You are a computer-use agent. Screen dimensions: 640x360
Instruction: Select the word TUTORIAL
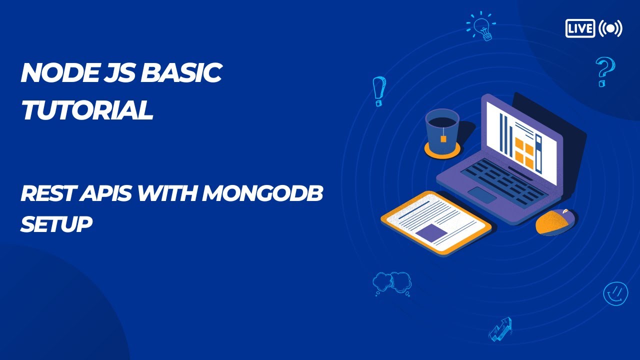(x=87, y=109)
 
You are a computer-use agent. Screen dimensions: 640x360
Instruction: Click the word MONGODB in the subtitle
(x=263, y=193)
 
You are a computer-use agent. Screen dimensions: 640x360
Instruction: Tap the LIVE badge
(x=580, y=28)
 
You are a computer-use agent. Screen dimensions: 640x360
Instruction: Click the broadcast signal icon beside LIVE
(x=610, y=28)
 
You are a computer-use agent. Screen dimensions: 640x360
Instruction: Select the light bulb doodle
(x=481, y=26)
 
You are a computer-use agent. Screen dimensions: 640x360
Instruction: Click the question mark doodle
(x=605, y=71)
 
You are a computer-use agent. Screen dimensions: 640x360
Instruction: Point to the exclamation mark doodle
(x=379, y=91)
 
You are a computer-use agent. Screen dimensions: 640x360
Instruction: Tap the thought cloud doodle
(x=392, y=283)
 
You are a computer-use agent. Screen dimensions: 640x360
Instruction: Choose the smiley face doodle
(x=615, y=293)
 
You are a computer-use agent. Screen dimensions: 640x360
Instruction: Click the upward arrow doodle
(x=500, y=329)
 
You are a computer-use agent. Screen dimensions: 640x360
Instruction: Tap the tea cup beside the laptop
(x=442, y=131)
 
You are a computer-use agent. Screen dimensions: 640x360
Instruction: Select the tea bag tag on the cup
(x=443, y=139)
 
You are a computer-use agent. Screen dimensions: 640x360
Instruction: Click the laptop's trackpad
(x=482, y=195)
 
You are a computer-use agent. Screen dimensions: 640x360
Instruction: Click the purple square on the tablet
(x=431, y=233)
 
